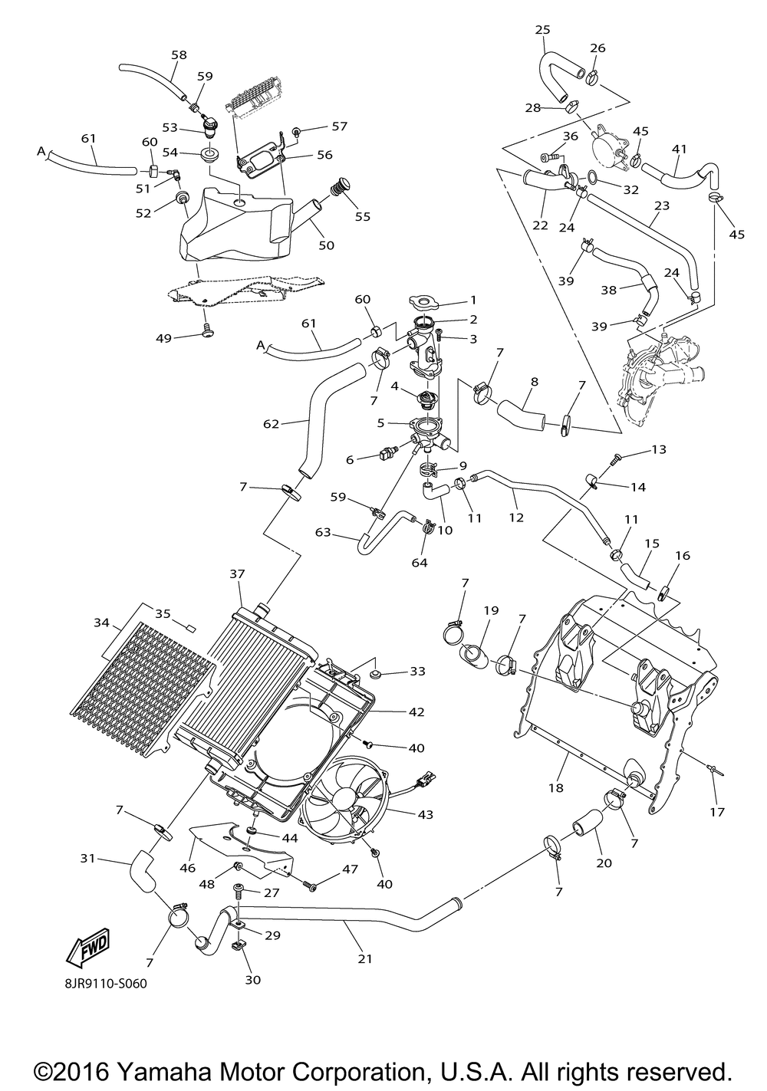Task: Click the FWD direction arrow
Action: (89, 947)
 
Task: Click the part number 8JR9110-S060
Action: (106, 984)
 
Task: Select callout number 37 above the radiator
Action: (237, 574)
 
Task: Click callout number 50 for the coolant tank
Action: (327, 245)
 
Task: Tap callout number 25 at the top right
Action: (542, 30)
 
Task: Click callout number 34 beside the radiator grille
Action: (101, 622)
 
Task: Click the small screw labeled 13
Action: (616, 458)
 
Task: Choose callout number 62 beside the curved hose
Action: (271, 424)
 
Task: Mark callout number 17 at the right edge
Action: (718, 812)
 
